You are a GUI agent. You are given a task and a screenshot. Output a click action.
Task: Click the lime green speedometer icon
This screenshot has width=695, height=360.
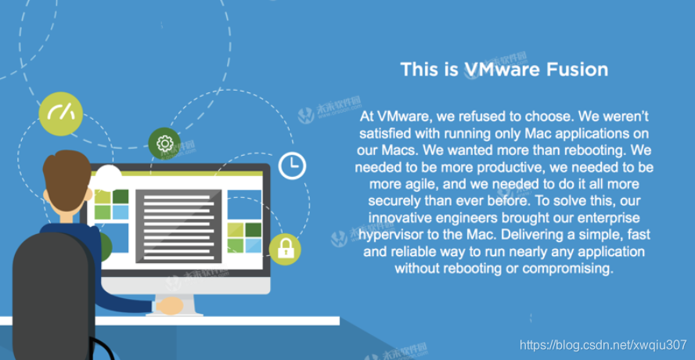(60, 114)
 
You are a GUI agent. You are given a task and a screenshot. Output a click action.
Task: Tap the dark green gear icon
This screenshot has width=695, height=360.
(164, 143)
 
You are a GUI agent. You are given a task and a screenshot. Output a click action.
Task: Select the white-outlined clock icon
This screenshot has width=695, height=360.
(293, 164)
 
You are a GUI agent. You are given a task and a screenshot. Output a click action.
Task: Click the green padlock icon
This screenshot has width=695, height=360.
(285, 249)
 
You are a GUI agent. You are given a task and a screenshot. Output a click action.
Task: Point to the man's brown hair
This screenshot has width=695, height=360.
(67, 175)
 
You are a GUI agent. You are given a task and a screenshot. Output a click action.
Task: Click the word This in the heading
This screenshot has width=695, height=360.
(419, 69)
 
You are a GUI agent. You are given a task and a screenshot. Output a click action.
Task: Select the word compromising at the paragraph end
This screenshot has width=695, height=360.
(569, 268)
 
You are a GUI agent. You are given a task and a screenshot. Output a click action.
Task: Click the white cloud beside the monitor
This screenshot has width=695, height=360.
(108, 175)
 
